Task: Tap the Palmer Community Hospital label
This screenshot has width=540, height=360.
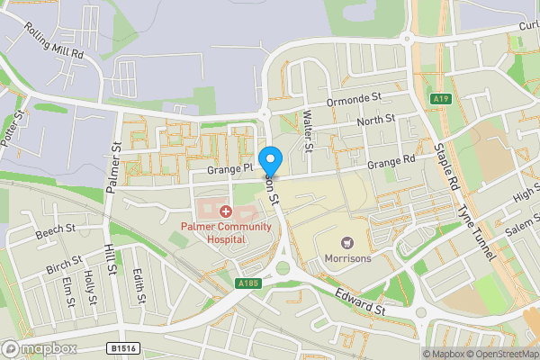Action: pyautogui.click(x=225, y=232)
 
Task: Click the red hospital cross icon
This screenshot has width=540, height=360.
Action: pyautogui.click(x=225, y=211)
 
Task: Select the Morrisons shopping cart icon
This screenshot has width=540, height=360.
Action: pyautogui.click(x=346, y=243)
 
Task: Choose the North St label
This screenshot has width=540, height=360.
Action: pyautogui.click(x=375, y=120)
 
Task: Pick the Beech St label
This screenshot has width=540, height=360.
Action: pyautogui.click(x=56, y=232)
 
